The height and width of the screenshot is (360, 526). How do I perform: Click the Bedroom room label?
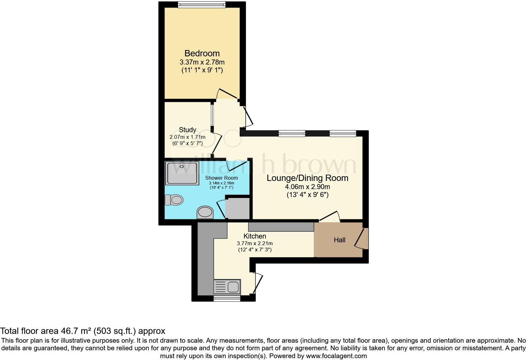click(x=202, y=53)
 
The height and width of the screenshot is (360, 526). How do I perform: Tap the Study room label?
click(x=187, y=130)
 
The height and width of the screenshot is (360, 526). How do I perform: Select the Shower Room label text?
click(x=221, y=178)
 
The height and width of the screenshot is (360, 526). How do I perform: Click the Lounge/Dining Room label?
click(x=307, y=178)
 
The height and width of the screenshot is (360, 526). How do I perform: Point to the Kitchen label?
click(x=255, y=236)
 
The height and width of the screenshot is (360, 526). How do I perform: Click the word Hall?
click(x=339, y=240)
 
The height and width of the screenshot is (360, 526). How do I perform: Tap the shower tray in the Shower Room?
click(x=182, y=173)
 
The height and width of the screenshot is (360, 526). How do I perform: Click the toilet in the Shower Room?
click(x=174, y=200)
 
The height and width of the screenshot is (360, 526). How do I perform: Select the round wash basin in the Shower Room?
click(x=205, y=212)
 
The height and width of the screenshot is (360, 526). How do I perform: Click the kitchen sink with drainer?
click(x=227, y=287)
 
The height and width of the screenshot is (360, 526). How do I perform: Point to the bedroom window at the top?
click(x=201, y=4)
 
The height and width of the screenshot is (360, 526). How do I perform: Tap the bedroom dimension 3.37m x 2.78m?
click(x=202, y=62)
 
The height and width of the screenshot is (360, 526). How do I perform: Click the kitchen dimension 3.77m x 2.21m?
click(x=255, y=243)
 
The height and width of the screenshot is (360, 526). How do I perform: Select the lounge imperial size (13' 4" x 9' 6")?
click(x=307, y=195)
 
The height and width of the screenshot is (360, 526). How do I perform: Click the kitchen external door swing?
click(x=258, y=283)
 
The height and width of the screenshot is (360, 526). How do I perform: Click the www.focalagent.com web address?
click(x=336, y=356)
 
